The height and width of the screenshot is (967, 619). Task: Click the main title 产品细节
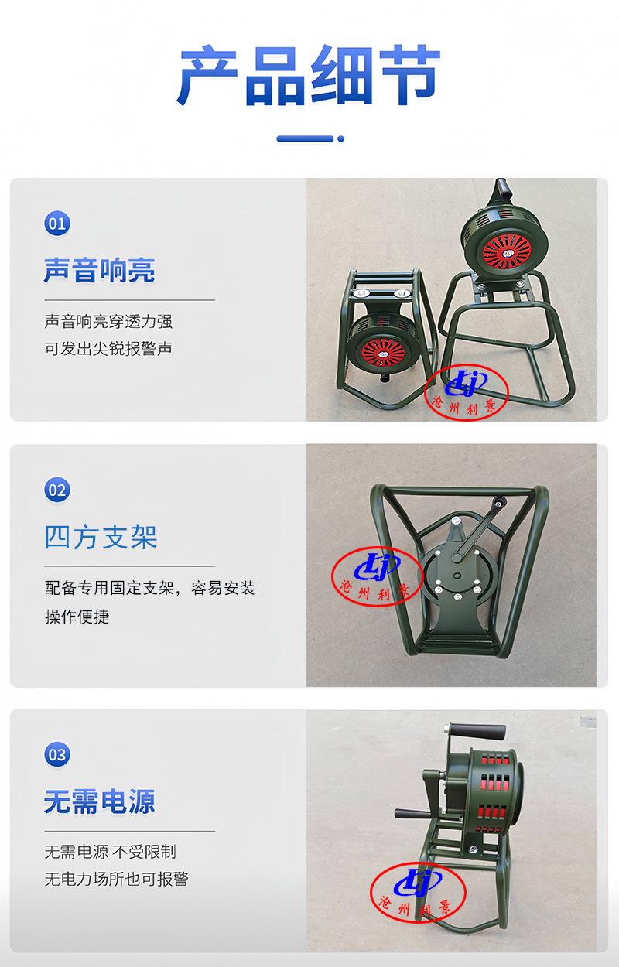309,76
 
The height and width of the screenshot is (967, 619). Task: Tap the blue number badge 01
57,224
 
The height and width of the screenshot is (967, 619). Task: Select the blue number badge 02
57,490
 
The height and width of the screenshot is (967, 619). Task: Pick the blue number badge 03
57,754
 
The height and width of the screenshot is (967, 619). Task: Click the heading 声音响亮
99,270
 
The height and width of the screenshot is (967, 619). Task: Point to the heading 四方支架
101,537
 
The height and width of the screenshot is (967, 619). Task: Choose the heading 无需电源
99,801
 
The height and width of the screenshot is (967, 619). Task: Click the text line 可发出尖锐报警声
108,348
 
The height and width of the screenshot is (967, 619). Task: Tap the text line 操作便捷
77,617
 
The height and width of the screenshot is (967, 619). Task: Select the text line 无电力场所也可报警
117,879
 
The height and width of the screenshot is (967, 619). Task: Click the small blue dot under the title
341,138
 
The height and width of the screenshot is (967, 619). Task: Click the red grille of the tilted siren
383,353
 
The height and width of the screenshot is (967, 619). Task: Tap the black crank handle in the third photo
477,732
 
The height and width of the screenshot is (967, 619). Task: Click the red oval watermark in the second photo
377,577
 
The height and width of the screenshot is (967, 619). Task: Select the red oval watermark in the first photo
467,391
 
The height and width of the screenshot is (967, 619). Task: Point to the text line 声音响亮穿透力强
108,322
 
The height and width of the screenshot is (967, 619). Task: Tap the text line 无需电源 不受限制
110,851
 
